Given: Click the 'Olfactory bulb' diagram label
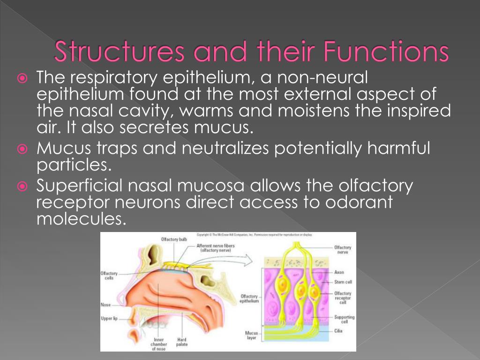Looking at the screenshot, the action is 174,240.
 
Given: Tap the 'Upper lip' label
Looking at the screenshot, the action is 109,319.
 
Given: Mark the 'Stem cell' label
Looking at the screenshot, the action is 343,282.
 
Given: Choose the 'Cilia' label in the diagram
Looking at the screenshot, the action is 338,331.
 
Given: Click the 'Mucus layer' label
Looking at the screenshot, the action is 251,336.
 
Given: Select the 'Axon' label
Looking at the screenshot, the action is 339,272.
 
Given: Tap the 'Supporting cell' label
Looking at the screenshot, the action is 345,320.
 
